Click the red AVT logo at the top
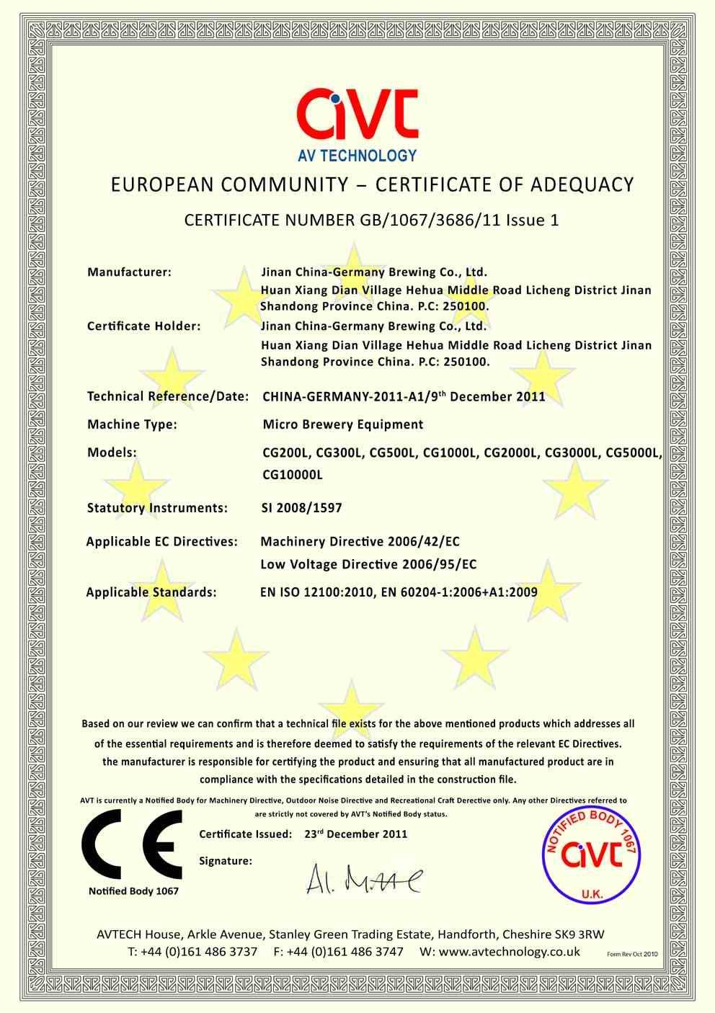357,115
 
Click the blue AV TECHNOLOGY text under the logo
357,155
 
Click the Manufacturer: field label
129,272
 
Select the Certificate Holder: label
143,326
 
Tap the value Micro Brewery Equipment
342,424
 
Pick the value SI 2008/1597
301,508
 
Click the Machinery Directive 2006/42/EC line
360,541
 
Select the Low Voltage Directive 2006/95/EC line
368,564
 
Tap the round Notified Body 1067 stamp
591,854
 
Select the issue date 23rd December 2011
355,834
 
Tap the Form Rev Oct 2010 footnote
633,953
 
